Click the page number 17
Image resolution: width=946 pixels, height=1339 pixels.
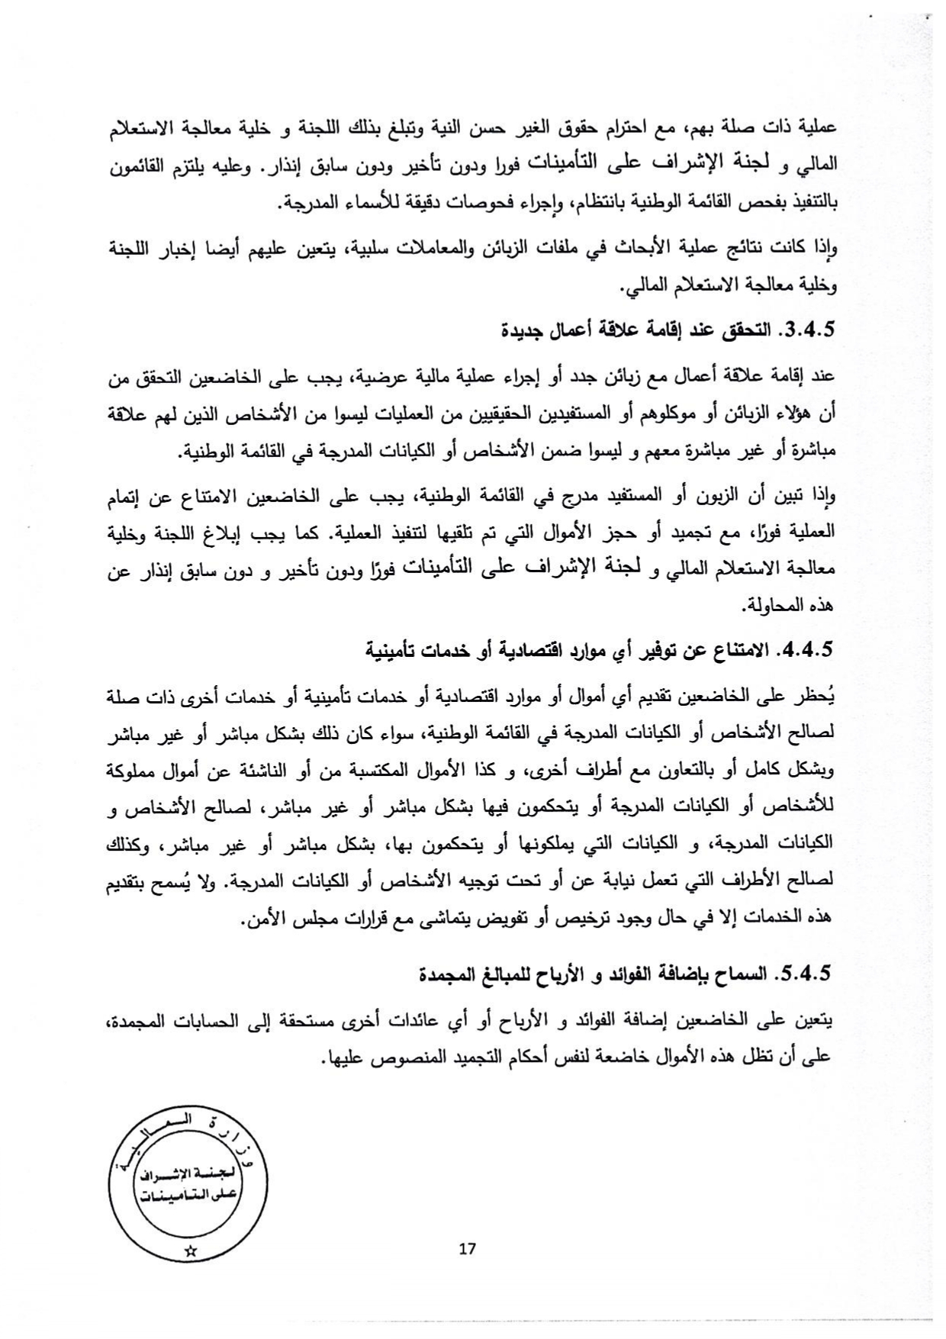[x=468, y=1248]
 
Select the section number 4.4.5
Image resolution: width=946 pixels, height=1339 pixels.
[x=807, y=650]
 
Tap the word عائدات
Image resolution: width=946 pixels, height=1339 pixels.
[x=475, y=1021]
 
